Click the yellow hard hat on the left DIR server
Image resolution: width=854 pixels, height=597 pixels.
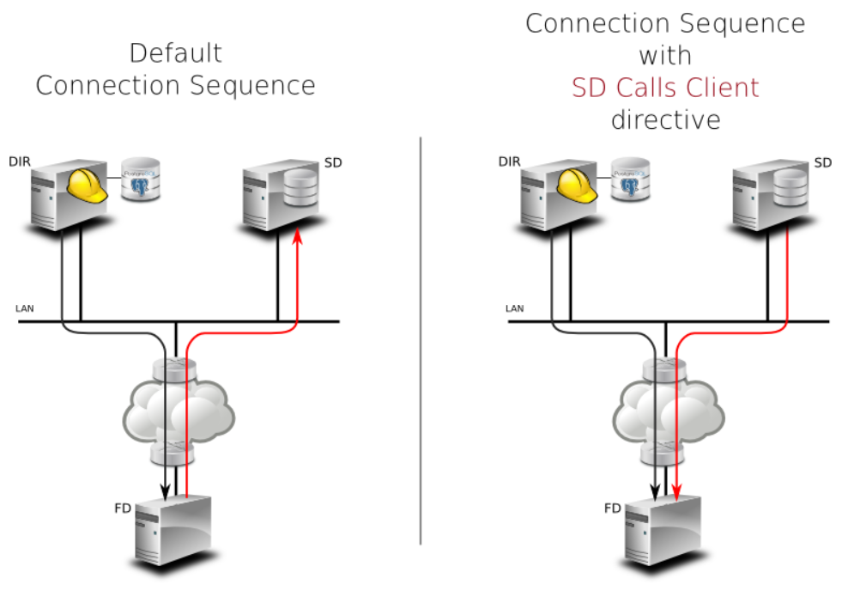(x=87, y=184)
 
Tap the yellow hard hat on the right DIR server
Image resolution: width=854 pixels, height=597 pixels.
(x=577, y=184)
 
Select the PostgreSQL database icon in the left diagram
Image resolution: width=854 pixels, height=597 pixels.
(x=141, y=179)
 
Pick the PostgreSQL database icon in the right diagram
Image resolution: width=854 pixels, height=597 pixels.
(x=631, y=179)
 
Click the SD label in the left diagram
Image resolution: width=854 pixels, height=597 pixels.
(x=334, y=162)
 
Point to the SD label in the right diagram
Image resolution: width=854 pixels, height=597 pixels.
(x=823, y=162)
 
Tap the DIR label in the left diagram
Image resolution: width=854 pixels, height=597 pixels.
(x=19, y=161)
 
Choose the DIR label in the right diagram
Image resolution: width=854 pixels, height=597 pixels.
(x=509, y=161)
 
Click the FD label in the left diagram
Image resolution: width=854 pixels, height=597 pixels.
(x=122, y=508)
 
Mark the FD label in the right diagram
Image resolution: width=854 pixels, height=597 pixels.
(x=612, y=509)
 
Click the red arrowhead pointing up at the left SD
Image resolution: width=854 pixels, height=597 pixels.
(x=297, y=236)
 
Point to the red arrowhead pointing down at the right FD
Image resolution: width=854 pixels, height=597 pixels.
(x=677, y=493)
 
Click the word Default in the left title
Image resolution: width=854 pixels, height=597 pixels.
(x=175, y=53)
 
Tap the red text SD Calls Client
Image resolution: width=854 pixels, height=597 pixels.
(x=665, y=88)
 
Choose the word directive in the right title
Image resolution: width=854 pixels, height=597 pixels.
(x=665, y=119)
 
